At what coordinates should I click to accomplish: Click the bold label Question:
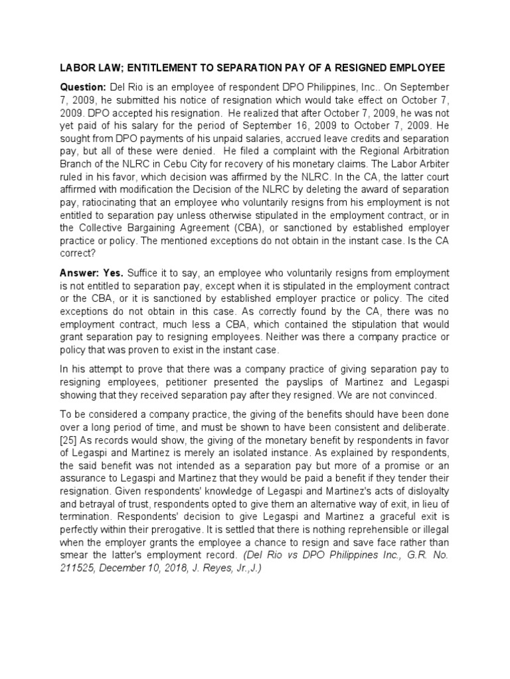pyautogui.click(x=83, y=88)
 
